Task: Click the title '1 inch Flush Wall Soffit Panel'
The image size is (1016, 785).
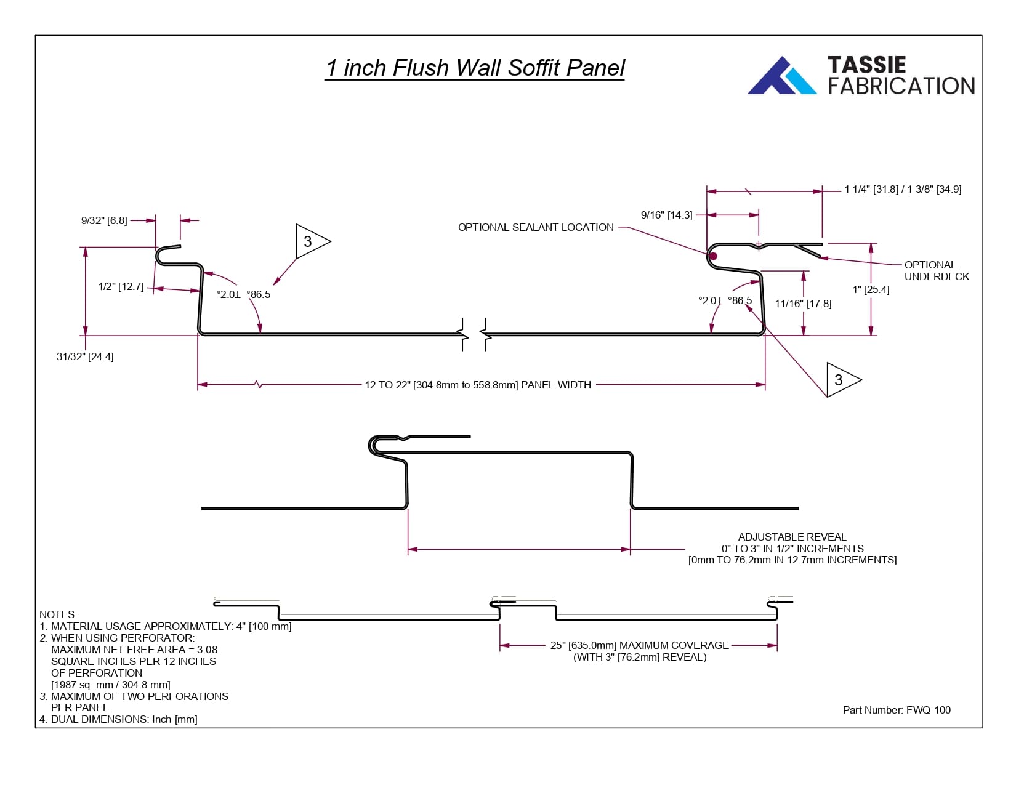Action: (475, 68)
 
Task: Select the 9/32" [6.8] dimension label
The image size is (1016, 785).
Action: (104, 220)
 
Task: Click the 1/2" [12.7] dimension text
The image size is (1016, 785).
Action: (121, 286)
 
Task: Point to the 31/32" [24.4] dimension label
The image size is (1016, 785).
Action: (85, 356)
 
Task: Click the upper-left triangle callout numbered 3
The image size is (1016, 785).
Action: (310, 241)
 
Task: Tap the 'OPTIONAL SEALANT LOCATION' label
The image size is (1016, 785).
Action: (536, 227)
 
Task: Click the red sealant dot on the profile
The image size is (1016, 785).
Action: (713, 256)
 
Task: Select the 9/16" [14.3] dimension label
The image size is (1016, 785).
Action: (666, 215)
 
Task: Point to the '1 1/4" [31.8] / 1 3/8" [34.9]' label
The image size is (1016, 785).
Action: (903, 189)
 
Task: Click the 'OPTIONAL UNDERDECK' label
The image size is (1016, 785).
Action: (936, 270)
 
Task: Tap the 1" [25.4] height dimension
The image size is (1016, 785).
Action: (871, 289)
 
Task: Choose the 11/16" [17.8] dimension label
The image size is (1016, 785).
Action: (803, 304)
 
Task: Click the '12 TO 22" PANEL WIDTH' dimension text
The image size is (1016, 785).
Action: (478, 385)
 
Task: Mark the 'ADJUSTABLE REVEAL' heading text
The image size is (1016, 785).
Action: (792, 537)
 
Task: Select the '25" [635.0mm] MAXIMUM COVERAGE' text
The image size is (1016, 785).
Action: (639, 645)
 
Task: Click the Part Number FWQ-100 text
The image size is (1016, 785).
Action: (897, 710)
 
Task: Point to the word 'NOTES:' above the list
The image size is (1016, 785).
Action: (58, 614)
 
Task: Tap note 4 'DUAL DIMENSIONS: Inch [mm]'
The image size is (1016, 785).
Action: (118, 719)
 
